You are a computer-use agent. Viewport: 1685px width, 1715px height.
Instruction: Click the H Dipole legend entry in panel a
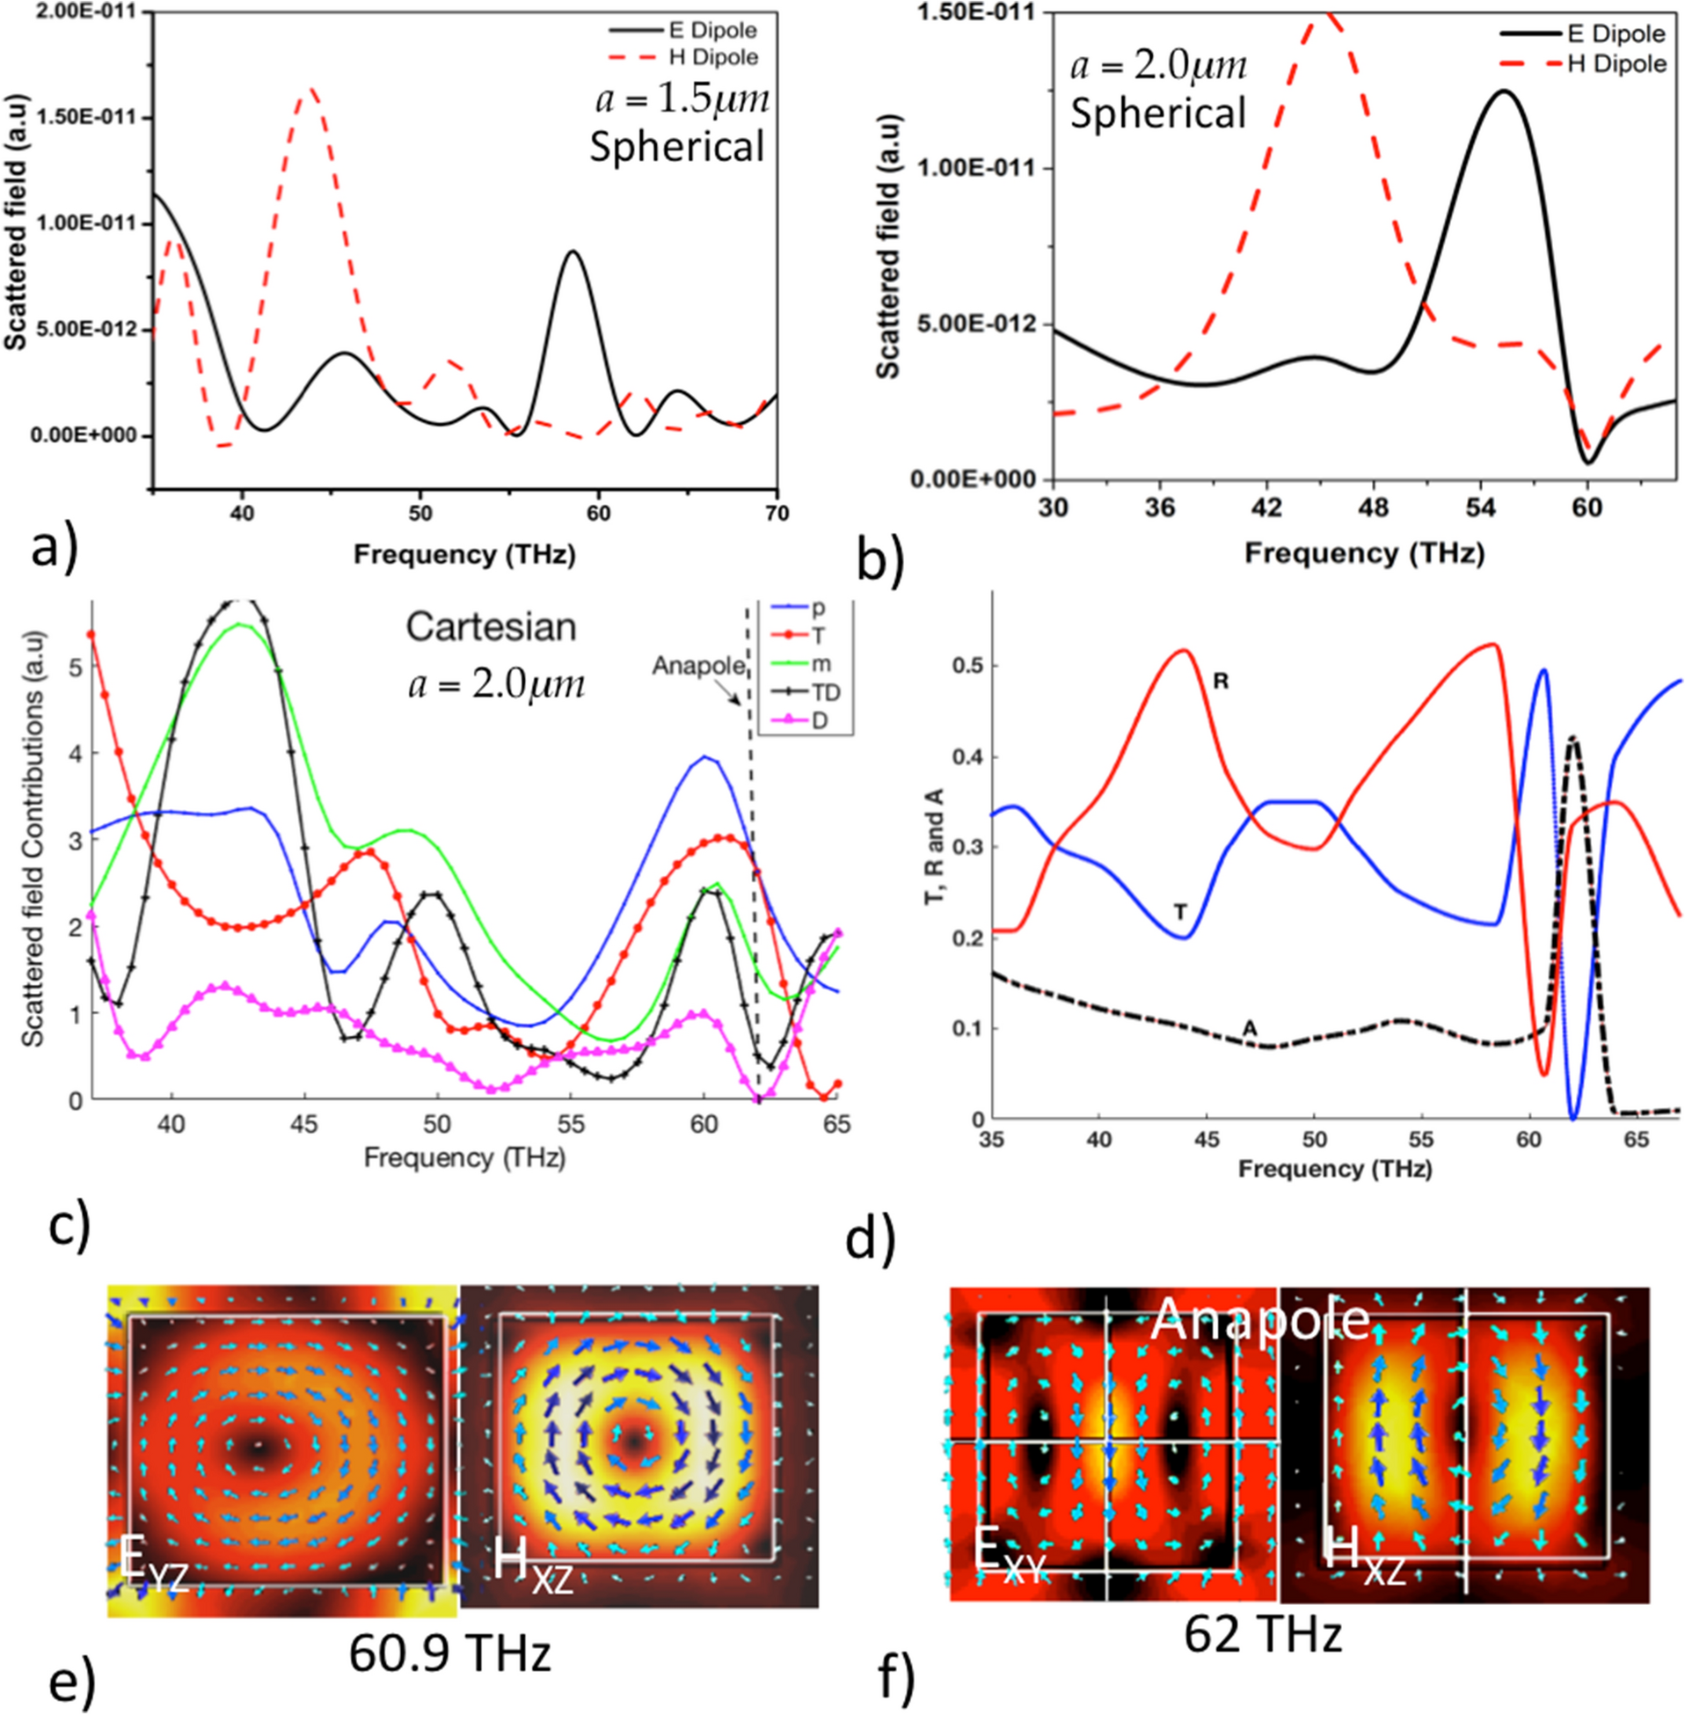pos(712,57)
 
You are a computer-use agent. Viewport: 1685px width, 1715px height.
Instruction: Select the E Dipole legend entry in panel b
pos(1616,33)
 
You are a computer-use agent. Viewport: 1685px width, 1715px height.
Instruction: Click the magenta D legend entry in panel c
pos(819,720)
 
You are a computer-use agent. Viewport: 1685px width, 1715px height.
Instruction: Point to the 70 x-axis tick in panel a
pos(777,514)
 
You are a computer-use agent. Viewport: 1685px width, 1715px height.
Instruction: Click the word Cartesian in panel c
pos(491,626)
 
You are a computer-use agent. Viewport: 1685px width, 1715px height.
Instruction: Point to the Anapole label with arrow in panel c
pos(698,666)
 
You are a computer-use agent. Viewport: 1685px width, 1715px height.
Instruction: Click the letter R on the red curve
pos(1221,682)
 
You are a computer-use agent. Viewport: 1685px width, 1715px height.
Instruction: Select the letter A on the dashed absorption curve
pos(1250,1026)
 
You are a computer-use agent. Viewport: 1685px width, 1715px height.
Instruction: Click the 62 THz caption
pos(1263,1633)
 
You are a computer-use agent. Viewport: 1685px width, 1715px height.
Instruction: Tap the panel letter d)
pos(871,1239)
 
